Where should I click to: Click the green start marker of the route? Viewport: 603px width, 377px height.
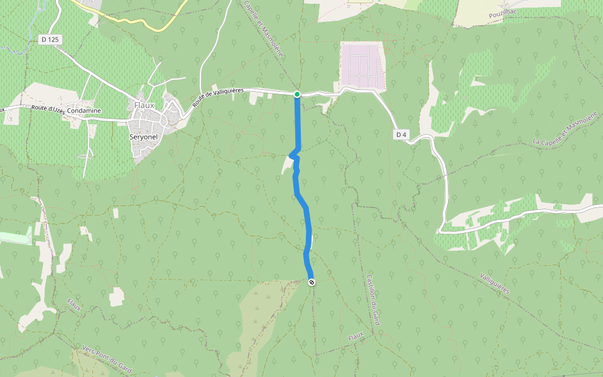pyautogui.click(x=297, y=94)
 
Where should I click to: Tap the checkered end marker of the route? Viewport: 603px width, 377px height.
pyautogui.click(x=312, y=283)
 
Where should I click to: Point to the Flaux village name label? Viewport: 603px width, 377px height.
pyautogui.click(x=144, y=105)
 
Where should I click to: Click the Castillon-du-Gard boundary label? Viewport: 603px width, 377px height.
pyautogui.click(x=374, y=298)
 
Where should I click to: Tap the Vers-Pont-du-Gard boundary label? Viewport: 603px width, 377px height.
pyautogui.click(x=107, y=358)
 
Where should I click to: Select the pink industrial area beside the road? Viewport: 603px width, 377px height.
pyautogui.click(x=361, y=64)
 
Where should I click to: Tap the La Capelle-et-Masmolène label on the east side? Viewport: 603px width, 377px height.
pyautogui.click(x=563, y=132)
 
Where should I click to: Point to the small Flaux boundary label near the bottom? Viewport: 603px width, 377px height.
pyautogui.click(x=356, y=338)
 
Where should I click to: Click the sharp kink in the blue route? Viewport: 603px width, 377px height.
pyautogui.click(x=291, y=155)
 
